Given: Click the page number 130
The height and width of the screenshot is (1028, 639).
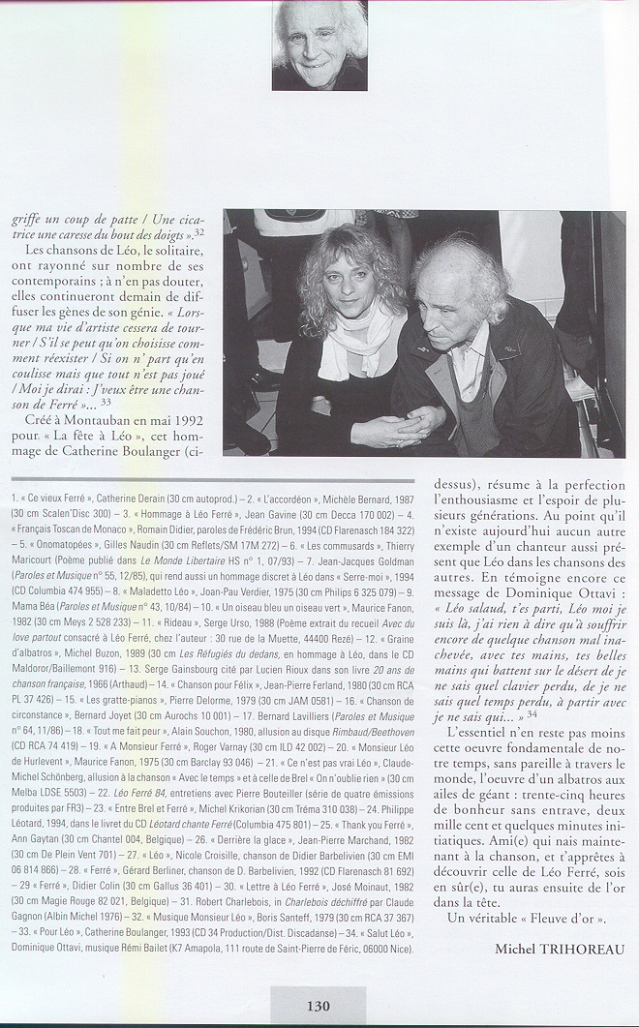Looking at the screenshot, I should [x=318, y=1006].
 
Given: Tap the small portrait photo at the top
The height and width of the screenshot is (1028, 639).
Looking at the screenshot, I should [x=319, y=45].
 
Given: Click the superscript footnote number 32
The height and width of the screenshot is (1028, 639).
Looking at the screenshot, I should [x=198, y=232].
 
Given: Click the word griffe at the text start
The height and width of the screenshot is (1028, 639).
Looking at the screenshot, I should [x=29, y=221].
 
